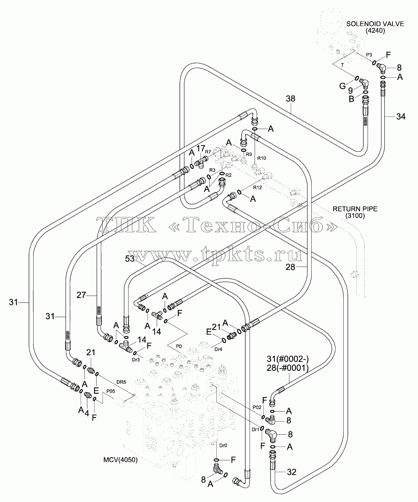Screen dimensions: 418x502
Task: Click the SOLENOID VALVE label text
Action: (x=375, y=24)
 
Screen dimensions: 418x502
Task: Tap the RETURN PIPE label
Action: (x=355, y=209)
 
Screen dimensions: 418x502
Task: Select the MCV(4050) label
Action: (x=121, y=460)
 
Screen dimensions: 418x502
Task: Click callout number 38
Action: (x=290, y=99)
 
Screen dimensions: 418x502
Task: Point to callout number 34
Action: (x=401, y=116)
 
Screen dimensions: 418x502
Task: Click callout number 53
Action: (x=130, y=259)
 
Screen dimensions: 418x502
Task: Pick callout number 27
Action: (x=81, y=295)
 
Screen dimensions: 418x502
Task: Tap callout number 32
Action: (x=292, y=472)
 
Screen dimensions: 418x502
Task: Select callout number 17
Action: (x=200, y=148)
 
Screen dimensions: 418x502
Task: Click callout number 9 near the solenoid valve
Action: (x=350, y=91)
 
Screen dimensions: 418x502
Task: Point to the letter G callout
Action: (x=342, y=86)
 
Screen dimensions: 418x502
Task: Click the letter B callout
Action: (x=351, y=99)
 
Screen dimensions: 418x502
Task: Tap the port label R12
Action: (x=258, y=187)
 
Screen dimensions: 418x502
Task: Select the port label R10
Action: (x=262, y=158)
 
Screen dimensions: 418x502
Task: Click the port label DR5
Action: (x=121, y=382)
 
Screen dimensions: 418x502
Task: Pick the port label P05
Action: (x=110, y=391)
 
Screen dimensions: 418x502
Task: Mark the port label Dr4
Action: (x=218, y=349)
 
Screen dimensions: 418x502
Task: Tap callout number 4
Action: (x=87, y=413)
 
